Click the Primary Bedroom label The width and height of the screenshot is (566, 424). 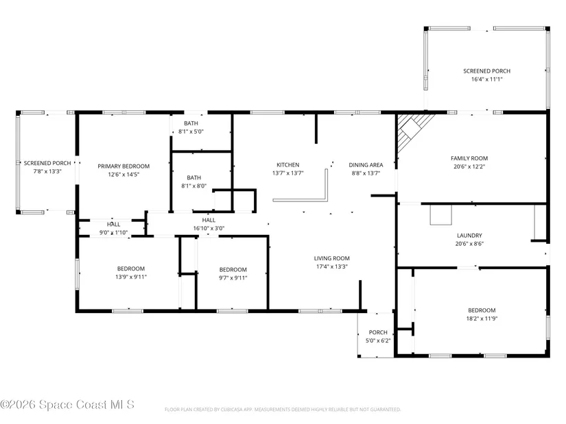coord(123,166)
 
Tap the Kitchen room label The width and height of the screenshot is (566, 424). coord(287,165)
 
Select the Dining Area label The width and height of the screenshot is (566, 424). coord(366,165)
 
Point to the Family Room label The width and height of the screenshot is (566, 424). coord(469,158)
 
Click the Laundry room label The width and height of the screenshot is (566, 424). coord(469,236)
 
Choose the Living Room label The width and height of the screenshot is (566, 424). coord(332,258)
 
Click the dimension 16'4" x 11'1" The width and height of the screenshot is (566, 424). coord(486,79)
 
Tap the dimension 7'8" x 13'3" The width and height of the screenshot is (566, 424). coord(47,171)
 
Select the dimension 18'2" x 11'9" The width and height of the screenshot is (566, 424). coord(482,319)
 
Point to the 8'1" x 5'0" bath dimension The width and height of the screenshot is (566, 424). coord(191,132)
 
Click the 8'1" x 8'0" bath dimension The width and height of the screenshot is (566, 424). coord(194,186)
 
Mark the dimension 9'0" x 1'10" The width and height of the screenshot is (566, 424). coord(113,233)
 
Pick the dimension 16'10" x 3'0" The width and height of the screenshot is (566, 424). coord(209,228)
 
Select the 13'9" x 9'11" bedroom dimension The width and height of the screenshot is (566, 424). coord(130,277)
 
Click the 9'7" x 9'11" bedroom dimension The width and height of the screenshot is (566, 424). coord(233,278)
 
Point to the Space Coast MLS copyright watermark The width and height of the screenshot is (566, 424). coord(67,405)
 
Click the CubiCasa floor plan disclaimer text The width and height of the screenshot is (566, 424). coord(283,410)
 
